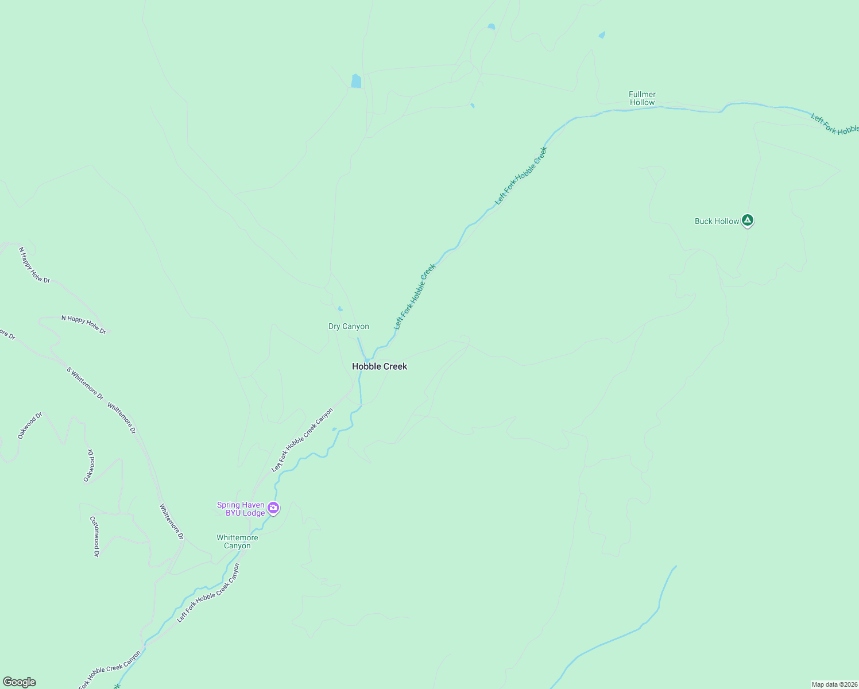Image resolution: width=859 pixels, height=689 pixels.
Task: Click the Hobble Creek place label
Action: pos(380,366)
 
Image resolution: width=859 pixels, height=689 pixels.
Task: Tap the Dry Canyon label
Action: pos(349,327)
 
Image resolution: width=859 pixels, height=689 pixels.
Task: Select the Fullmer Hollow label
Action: pos(642,98)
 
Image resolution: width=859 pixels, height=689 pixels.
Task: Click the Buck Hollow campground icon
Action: pos(747,220)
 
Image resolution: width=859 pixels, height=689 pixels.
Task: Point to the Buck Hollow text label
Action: pos(717,221)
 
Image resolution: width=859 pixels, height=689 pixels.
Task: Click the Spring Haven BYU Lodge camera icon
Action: pos(274,508)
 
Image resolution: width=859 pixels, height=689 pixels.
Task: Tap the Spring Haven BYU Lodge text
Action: pos(241,509)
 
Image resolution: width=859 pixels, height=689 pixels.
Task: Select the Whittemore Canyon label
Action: pos(237,542)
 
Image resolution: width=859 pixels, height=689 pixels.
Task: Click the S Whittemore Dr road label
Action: pos(85,383)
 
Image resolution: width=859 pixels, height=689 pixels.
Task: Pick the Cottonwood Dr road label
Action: pos(94,536)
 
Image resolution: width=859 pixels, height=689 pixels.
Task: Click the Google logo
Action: pos(20,682)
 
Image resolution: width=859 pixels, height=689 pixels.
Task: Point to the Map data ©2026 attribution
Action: pos(834,684)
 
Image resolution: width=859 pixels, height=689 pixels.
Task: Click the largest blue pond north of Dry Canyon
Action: pos(356,81)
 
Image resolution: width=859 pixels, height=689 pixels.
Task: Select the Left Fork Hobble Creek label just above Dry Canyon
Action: pos(415,296)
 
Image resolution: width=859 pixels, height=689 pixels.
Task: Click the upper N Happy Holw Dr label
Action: pos(34,265)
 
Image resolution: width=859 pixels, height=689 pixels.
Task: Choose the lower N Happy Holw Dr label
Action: pos(84,324)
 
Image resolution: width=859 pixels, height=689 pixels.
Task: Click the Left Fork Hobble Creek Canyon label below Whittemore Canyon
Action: pos(208,593)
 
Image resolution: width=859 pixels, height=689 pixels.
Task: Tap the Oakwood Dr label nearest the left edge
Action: pos(30,425)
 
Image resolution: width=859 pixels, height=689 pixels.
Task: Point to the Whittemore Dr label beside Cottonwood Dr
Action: pos(171,521)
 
